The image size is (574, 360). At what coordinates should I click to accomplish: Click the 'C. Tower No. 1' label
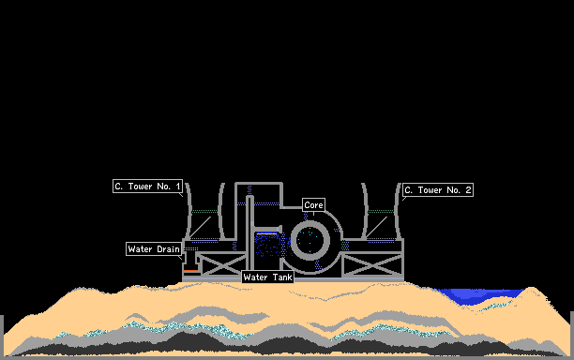pyautogui.click(x=147, y=187)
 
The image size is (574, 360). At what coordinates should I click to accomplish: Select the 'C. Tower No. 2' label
pyautogui.click(x=438, y=190)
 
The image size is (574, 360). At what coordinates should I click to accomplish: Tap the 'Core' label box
pyautogui.click(x=313, y=205)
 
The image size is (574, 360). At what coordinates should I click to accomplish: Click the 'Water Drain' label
pyautogui.click(x=154, y=248)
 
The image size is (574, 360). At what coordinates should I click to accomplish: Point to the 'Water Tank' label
pyautogui.click(x=268, y=277)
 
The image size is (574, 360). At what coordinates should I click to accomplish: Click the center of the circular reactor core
pyautogui.click(x=310, y=240)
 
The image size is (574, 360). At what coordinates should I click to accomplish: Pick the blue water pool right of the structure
pyautogui.click(x=479, y=295)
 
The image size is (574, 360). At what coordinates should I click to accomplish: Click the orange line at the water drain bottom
pyautogui.click(x=190, y=271)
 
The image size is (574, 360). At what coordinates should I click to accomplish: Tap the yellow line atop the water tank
pyautogui.click(x=266, y=233)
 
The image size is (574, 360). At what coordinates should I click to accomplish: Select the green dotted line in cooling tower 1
pyautogui.click(x=204, y=211)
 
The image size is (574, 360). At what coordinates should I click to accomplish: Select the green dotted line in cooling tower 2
pyautogui.click(x=381, y=211)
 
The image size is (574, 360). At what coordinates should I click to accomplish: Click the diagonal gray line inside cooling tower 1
pyautogui.click(x=200, y=227)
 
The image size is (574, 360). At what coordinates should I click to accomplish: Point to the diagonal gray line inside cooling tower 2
pyautogui.click(x=376, y=227)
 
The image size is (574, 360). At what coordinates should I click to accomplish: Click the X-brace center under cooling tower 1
pyautogui.click(x=222, y=265)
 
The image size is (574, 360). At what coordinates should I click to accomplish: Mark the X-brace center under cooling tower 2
pyautogui.click(x=372, y=265)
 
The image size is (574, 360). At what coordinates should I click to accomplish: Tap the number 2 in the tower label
pyautogui.click(x=468, y=190)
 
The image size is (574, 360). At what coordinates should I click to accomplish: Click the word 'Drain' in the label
pyautogui.click(x=169, y=249)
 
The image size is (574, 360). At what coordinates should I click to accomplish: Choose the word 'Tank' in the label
pyautogui.click(x=282, y=277)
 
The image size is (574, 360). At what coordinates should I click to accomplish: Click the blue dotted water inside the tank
pyautogui.click(x=267, y=245)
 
